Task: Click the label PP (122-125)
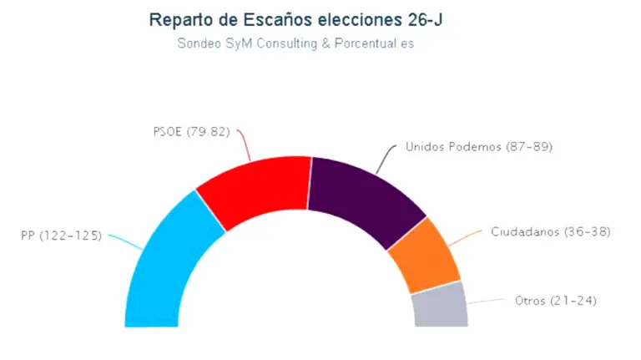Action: coord(61,236)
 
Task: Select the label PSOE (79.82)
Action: coord(191,131)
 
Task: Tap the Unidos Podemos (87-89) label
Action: coord(479,146)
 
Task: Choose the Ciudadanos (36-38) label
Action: coord(551,231)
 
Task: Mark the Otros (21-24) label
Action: coord(556,300)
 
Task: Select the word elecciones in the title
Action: coord(353,19)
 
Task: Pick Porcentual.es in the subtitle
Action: coord(373,43)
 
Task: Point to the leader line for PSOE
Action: coord(245,144)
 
